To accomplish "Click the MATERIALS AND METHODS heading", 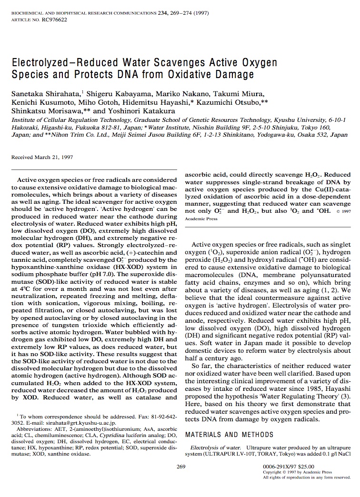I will tap(222, 435).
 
